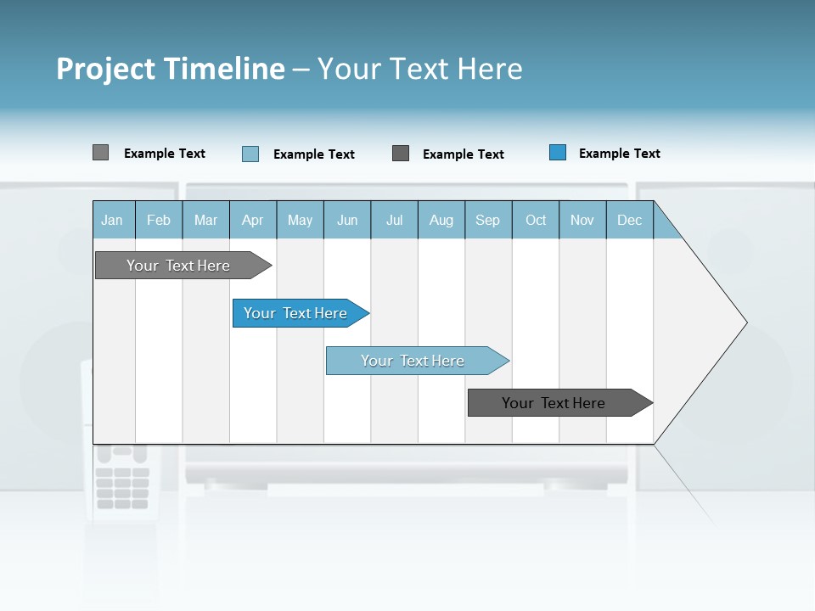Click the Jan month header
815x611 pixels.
[x=112, y=220]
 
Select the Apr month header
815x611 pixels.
[x=252, y=220]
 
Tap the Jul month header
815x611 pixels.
[x=394, y=220]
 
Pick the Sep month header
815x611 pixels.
[x=487, y=220]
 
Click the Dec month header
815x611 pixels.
[x=629, y=220]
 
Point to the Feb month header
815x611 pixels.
[x=159, y=220]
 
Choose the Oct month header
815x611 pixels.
[x=536, y=220]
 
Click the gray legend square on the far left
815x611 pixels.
[x=100, y=153]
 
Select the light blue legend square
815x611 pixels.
[x=250, y=154]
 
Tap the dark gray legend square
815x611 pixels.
[x=401, y=154]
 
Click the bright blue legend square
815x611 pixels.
[x=558, y=153]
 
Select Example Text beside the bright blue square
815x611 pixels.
[x=619, y=154]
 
